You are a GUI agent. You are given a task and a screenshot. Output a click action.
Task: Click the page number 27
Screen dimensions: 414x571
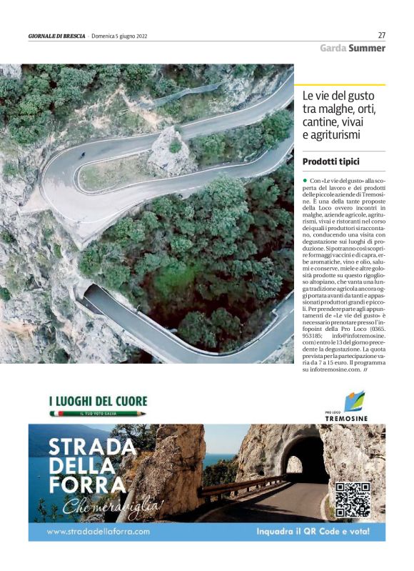pos(381,35)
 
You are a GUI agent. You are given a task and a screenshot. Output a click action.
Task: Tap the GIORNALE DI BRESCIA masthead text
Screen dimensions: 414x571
pos(56,36)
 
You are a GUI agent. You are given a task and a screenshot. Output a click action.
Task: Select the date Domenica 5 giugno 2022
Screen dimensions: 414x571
pos(119,36)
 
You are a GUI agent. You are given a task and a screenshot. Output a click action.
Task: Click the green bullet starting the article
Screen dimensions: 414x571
pos(304,182)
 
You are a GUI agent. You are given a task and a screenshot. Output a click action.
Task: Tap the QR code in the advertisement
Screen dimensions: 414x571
pos(353,500)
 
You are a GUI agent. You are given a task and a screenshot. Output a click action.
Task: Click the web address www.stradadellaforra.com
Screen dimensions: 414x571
pos(98,532)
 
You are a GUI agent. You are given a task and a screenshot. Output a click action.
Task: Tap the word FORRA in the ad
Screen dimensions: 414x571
pos(79,485)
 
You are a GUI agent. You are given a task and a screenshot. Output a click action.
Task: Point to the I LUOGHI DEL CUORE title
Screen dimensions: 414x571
pos(98,402)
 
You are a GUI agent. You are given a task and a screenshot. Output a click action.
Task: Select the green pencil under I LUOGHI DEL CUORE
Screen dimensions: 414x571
pos(98,414)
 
